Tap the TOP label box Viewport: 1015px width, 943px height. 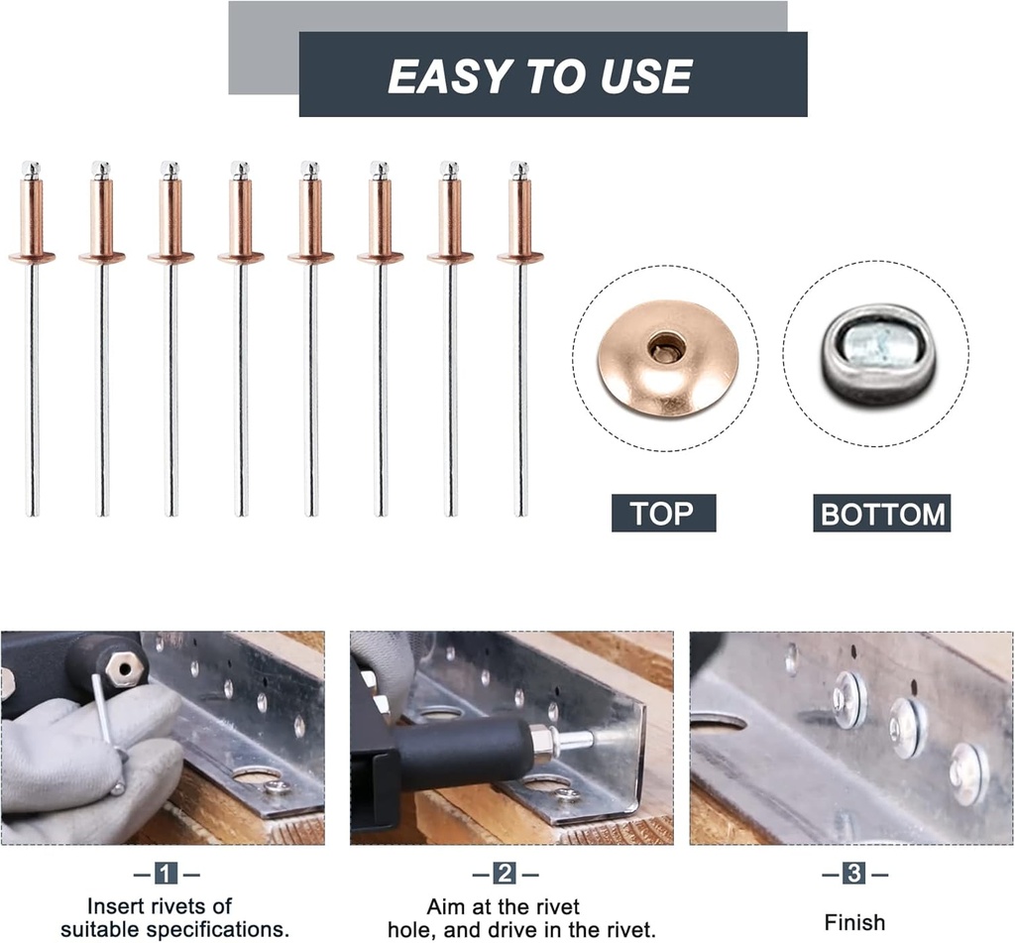pyautogui.click(x=663, y=513)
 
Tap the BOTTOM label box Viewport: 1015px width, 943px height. pyautogui.click(x=881, y=514)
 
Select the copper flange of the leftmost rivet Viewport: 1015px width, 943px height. pyautogui.click(x=32, y=258)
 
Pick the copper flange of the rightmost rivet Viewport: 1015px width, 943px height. pyautogui.click(x=520, y=258)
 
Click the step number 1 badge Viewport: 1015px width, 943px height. pyautogui.click(x=167, y=874)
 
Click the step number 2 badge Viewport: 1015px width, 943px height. pyautogui.click(x=506, y=874)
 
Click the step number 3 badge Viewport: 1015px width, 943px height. pyautogui.click(x=854, y=874)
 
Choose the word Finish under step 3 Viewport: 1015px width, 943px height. pyautogui.click(x=854, y=922)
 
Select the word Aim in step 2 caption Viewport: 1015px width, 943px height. pyautogui.click(x=446, y=905)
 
